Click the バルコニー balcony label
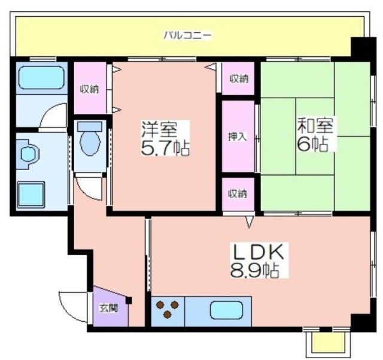coord(187,35)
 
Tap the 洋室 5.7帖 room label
coord(165,138)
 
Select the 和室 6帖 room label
coord(315,135)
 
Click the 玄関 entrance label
coord(108,308)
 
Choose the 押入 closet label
coord(238,137)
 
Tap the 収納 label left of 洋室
coord(90,89)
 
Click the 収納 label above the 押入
coord(239,78)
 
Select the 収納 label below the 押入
coord(238,194)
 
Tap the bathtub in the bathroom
coord(41,78)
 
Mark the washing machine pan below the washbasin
coord(31,195)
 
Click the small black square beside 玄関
coord(129,300)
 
